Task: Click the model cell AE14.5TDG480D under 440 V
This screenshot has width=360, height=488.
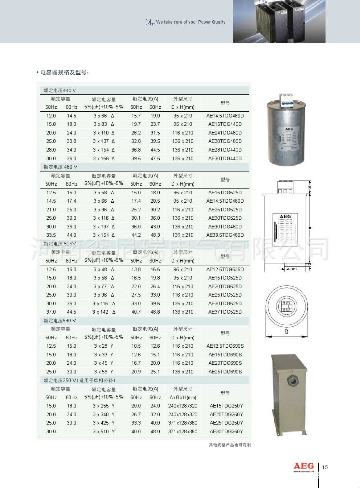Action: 225,116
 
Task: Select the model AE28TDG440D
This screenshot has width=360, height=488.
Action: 225,150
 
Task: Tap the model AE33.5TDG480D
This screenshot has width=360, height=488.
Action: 225,235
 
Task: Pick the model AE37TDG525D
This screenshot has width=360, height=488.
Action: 225,312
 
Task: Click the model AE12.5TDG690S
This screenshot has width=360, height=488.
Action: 225,346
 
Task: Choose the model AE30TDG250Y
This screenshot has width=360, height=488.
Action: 226,432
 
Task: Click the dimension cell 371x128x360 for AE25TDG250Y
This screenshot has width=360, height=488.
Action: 183,423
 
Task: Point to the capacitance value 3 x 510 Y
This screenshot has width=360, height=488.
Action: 103,432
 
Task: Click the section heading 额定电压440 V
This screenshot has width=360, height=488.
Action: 60,91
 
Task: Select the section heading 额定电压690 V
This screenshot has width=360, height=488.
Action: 60,321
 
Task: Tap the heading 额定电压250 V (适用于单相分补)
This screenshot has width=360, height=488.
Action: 79,381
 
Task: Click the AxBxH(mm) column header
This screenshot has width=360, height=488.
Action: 183,398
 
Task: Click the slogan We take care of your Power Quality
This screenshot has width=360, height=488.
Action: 191,22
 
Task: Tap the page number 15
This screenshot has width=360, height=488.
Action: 325,467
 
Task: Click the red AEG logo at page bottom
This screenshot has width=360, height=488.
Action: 303,466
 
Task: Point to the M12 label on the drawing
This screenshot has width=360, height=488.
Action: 294,269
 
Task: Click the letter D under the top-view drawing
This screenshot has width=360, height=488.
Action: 286,332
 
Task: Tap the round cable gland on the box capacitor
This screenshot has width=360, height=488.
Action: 291,381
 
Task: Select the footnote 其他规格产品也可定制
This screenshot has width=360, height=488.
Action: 230,445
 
